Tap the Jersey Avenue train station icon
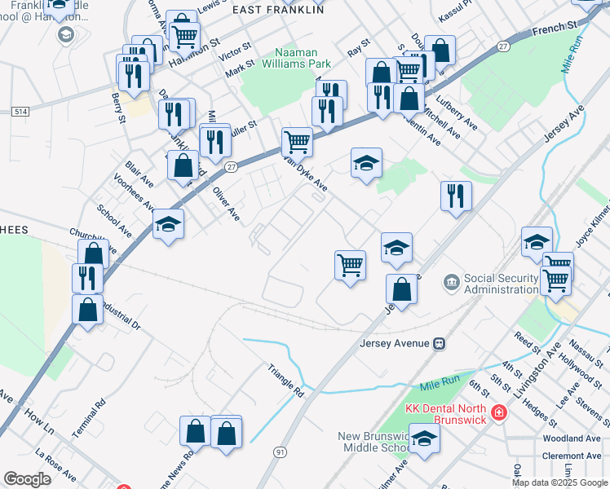click(x=439, y=343)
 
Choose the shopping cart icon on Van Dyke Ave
click(x=298, y=142)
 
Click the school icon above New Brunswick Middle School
click(x=424, y=439)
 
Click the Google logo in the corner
click(x=27, y=479)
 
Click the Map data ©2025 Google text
click(x=559, y=482)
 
